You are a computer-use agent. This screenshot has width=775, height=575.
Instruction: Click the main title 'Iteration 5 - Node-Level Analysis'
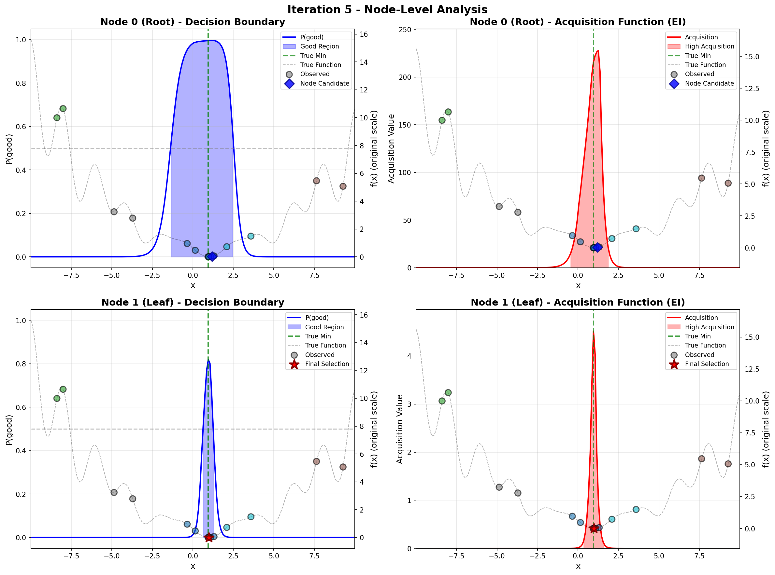point(387,9)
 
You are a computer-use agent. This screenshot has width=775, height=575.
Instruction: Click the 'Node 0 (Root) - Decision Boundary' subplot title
point(193,22)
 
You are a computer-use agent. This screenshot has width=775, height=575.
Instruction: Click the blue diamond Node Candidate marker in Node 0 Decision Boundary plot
point(212,256)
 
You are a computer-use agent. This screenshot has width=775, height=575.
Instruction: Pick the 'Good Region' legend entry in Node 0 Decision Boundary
point(319,46)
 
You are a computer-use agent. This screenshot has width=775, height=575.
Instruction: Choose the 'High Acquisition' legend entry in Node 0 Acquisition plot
point(709,46)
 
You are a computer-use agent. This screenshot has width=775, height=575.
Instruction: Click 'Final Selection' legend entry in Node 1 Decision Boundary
point(327,364)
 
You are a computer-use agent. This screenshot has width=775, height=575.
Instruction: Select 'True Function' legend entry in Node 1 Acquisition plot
point(705,345)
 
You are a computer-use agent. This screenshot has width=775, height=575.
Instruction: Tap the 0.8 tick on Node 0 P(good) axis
point(21,83)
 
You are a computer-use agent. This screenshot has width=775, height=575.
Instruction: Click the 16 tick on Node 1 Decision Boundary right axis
point(364,315)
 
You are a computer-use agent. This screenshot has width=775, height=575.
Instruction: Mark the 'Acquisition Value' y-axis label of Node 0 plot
point(391,149)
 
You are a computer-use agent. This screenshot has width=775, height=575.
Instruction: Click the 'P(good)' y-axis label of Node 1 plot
point(9,430)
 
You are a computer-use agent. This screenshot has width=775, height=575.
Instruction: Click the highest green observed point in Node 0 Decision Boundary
point(63,109)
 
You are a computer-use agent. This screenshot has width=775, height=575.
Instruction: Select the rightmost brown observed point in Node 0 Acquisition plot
point(728,183)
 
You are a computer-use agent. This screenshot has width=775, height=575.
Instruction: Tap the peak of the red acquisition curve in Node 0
point(598,51)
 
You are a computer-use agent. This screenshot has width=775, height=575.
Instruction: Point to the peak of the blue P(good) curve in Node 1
point(208,360)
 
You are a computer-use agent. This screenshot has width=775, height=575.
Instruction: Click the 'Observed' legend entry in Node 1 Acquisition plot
point(699,355)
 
